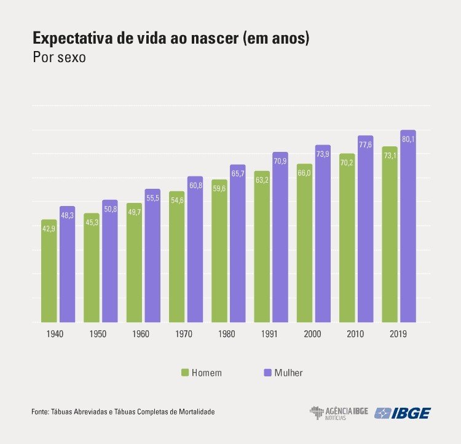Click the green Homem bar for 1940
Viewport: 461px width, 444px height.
tap(49, 271)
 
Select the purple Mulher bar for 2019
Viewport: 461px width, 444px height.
tap(408, 228)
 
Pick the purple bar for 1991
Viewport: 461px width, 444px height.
tap(280, 237)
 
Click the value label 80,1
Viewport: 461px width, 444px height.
tap(408, 140)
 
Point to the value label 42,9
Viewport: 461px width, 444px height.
tap(49, 229)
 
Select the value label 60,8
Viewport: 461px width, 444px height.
tap(195, 185)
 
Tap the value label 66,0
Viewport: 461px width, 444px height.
tap(304, 173)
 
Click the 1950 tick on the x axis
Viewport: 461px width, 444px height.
tap(96, 334)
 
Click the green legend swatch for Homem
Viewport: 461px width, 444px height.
tap(184, 373)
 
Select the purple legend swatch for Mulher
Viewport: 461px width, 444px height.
tap(267, 373)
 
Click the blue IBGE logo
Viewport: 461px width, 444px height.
tap(403, 413)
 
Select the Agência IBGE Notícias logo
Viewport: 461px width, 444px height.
tap(339, 413)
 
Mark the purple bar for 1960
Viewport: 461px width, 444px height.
tap(152, 255)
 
